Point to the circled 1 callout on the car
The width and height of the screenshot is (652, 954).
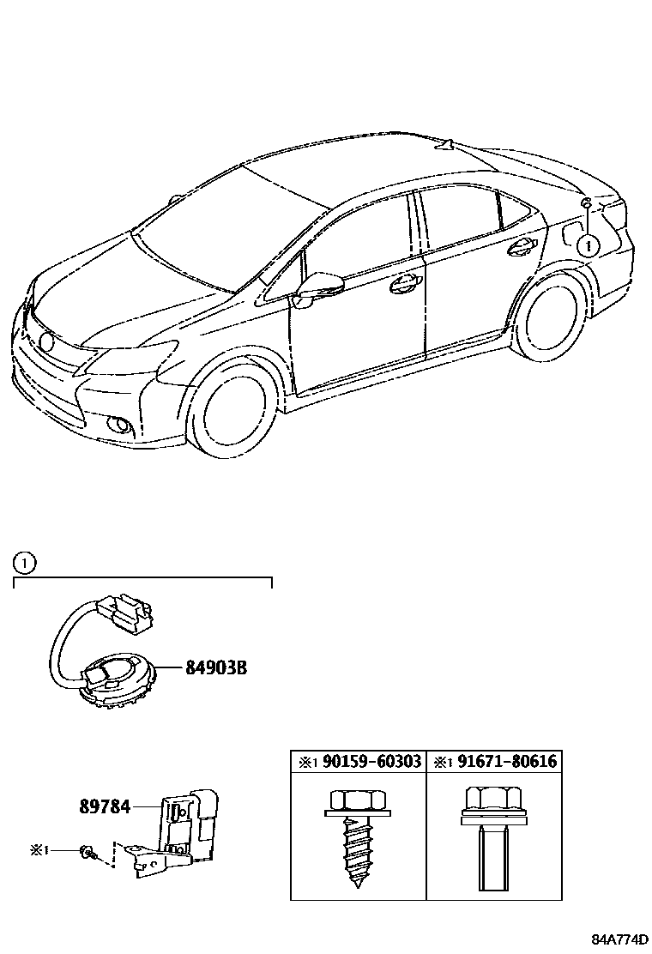pos(586,245)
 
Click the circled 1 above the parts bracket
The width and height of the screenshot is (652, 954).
pos(25,564)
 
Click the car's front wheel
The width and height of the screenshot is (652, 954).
pos(231,410)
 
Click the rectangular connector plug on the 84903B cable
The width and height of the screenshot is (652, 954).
pos(123,612)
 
